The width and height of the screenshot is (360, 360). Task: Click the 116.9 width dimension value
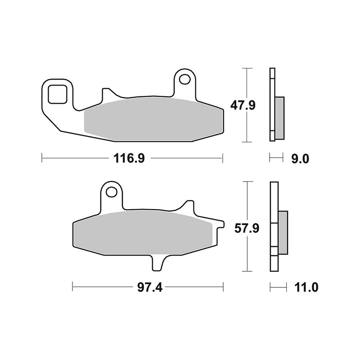pyautogui.click(x=127, y=158)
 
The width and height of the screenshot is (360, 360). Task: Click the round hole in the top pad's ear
pyautogui.click(x=185, y=80)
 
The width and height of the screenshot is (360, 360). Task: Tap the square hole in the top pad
pyautogui.click(x=57, y=94)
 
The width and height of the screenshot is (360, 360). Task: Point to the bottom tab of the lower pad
pyautogui.click(x=157, y=263)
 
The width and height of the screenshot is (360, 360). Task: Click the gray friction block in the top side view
pyautogui.click(x=279, y=118)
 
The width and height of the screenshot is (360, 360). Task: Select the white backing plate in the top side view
pyautogui.click(x=272, y=104)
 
